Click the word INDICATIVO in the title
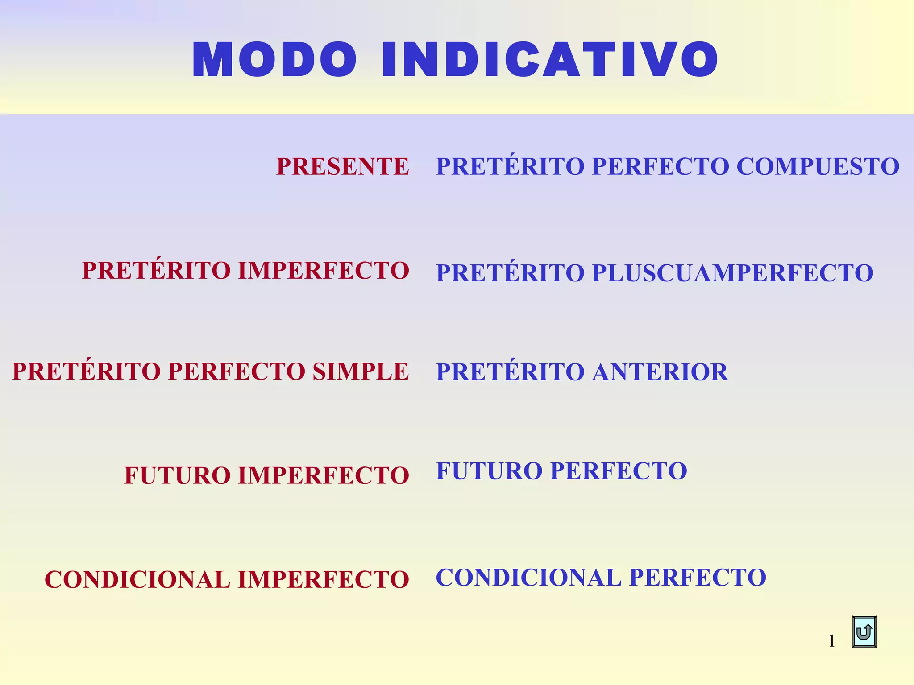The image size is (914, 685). (x=549, y=60)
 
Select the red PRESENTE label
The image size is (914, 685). (x=342, y=166)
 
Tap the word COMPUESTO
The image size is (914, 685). (x=818, y=166)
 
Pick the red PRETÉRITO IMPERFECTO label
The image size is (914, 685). (x=245, y=271)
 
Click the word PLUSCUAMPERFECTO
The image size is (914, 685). (x=732, y=273)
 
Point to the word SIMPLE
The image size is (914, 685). (x=360, y=371)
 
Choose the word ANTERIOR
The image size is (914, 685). (x=660, y=372)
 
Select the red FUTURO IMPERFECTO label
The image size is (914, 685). (x=266, y=475)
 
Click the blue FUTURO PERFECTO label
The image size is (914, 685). (x=561, y=471)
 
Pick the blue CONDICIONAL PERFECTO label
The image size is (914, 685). (x=601, y=578)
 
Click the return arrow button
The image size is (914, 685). (x=864, y=631)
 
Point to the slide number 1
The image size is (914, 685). (x=831, y=641)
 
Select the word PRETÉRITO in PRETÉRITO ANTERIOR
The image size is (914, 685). (x=510, y=372)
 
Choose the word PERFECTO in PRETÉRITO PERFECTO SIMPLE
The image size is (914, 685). (x=236, y=371)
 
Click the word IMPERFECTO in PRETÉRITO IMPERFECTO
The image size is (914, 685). (x=324, y=271)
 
